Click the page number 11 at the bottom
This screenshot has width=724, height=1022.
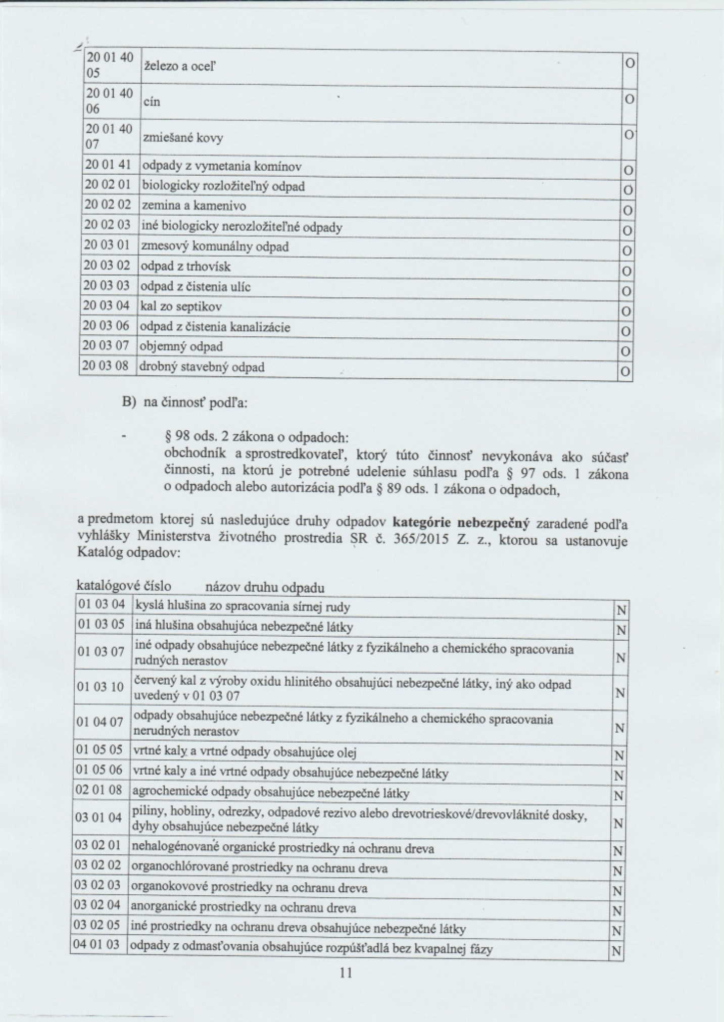pyautogui.click(x=346, y=973)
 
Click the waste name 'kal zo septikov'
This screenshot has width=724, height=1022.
pyautogui.click(x=181, y=306)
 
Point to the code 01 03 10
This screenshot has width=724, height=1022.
pyautogui.click(x=100, y=687)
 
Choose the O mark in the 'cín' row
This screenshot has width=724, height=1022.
pyautogui.click(x=629, y=100)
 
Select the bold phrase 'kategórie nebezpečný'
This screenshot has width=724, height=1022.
pyautogui.click(x=461, y=524)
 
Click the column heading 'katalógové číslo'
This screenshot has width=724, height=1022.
pyautogui.click(x=124, y=586)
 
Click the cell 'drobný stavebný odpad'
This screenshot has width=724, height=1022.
pyautogui.click(x=203, y=367)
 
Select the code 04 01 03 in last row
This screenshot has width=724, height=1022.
pyautogui.click(x=99, y=944)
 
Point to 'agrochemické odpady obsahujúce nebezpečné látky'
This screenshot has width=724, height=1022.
pyautogui.click(x=270, y=793)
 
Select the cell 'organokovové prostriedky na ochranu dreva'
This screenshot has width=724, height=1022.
pyautogui.click(x=249, y=888)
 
